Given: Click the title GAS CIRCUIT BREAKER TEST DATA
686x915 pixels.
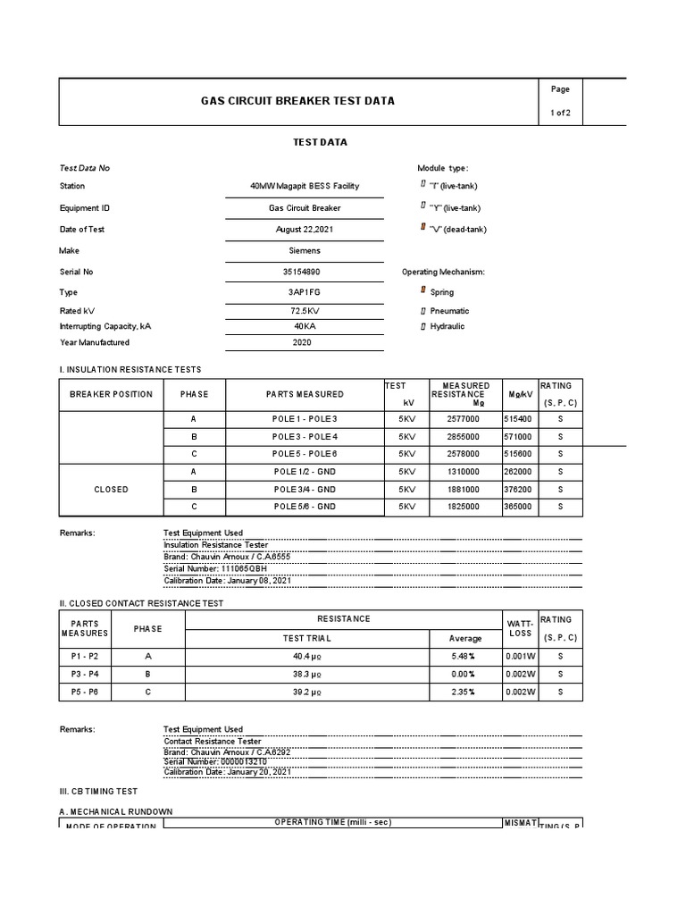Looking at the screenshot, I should pos(297,101).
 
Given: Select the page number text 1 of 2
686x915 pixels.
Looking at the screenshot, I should pos(560,113).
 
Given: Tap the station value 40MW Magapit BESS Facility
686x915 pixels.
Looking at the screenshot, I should pos(305,186).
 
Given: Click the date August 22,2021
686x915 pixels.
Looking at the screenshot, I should pos(305,230).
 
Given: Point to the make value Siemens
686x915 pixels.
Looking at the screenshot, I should pos(305,251).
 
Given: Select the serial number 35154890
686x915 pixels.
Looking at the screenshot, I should pos(305,272).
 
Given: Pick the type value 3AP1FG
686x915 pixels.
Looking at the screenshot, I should pos(305,292).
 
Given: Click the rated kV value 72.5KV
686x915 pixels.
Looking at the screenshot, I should pos(305,311).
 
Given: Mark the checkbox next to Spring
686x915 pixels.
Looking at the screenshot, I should pos(423,291).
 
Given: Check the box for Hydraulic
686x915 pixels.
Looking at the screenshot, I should pos(423,327).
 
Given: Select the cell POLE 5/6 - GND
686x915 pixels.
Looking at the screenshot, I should pos(305,507).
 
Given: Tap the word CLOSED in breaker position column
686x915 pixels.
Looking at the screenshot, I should pos(111,490).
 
